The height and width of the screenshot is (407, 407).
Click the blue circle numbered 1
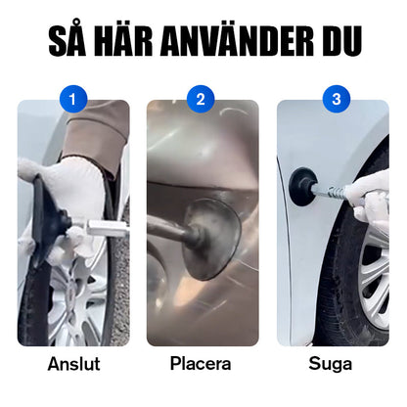[73, 99]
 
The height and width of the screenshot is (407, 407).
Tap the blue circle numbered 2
[203, 99]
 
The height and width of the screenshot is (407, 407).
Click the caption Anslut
[73, 364]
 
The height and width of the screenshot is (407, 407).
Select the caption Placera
[203, 364]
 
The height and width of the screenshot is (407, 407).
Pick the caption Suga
[333, 364]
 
